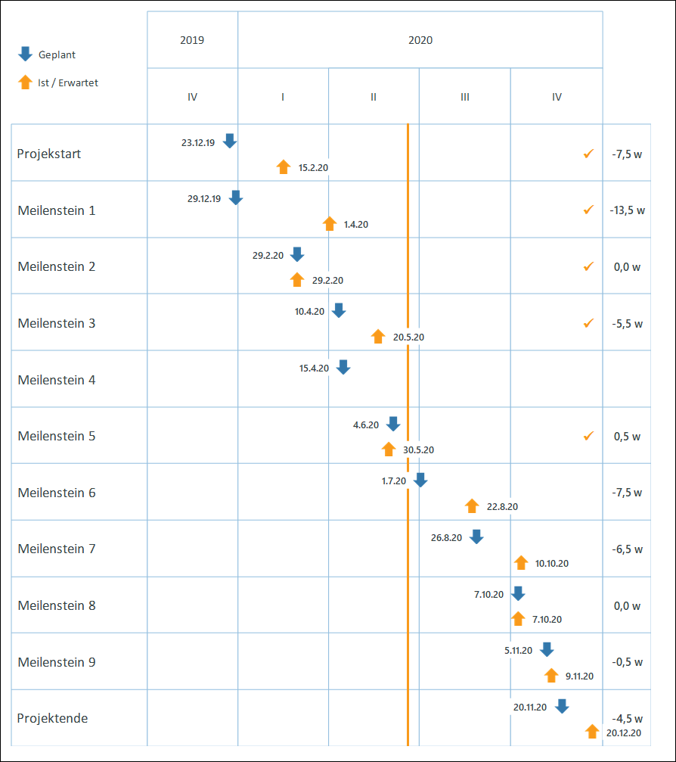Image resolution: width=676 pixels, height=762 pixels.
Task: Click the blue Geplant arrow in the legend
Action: (x=25, y=54)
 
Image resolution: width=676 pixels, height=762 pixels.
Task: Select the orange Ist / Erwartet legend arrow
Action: (x=25, y=82)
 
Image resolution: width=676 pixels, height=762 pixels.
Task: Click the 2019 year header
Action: (x=192, y=40)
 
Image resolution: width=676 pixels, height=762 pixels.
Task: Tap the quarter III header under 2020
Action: (x=464, y=97)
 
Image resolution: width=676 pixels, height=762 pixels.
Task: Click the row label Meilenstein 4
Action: (x=57, y=380)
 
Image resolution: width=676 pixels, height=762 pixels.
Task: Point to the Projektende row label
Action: (x=53, y=718)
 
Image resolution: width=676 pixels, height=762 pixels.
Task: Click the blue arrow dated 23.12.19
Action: (x=230, y=142)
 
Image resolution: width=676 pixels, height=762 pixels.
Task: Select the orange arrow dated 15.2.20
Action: (x=283, y=167)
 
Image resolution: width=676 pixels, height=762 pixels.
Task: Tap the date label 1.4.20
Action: (x=356, y=225)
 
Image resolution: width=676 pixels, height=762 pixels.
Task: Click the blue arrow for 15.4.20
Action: (x=343, y=368)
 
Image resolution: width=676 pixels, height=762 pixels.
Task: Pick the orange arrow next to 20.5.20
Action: (x=378, y=337)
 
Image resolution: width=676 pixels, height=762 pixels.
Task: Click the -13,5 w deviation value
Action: (x=627, y=210)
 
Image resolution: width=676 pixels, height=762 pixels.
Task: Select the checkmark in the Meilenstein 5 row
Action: (x=588, y=436)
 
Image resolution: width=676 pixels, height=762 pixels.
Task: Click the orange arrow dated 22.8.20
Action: (x=472, y=506)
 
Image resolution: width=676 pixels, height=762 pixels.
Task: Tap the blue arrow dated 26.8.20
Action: (x=476, y=537)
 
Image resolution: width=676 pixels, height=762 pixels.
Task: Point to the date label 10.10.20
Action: (x=551, y=563)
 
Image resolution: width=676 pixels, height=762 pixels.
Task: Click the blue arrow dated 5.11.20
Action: (x=547, y=650)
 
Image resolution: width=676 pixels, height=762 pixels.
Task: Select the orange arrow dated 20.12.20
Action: (x=593, y=731)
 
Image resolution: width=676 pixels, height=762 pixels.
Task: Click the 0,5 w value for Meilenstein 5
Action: (x=627, y=437)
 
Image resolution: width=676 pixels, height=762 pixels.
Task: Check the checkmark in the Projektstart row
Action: (x=588, y=154)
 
